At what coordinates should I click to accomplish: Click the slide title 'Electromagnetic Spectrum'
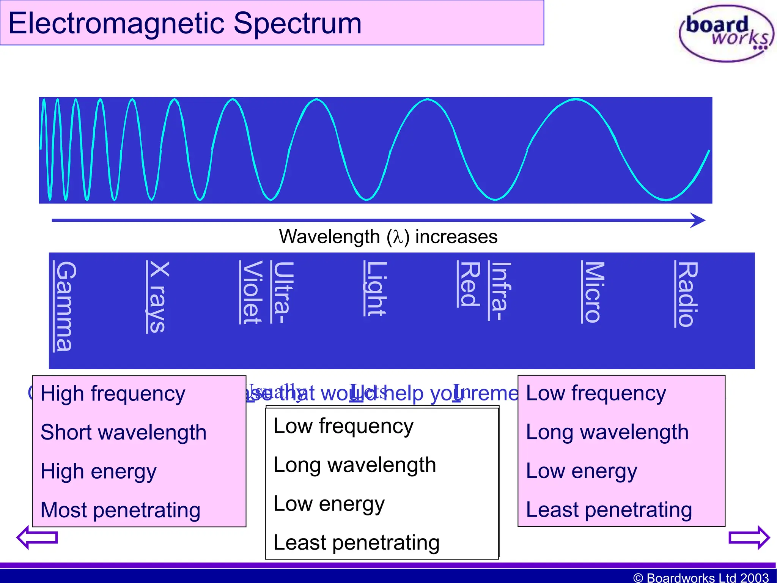pyautogui.click(x=185, y=23)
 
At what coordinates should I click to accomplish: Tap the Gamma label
pyautogui.click(x=64, y=306)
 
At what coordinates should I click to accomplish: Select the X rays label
pyautogui.click(x=157, y=297)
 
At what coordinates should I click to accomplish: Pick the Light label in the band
pyautogui.click(x=375, y=288)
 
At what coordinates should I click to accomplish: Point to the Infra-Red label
pyautogui.click(x=485, y=290)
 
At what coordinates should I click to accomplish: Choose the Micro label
pyautogui.click(x=593, y=292)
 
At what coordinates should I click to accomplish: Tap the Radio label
pyautogui.click(x=686, y=294)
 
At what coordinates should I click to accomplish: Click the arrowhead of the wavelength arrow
pyautogui.click(x=698, y=220)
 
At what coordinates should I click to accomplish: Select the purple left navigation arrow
pyautogui.click(x=37, y=537)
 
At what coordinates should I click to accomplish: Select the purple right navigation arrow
pyautogui.click(x=749, y=537)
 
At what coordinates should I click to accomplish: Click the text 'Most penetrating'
pyautogui.click(x=120, y=510)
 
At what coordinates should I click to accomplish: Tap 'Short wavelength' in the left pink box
pyautogui.click(x=123, y=432)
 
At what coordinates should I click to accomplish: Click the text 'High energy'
pyautogui.click(x=98, y=471)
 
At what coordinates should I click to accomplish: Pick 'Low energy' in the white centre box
pyautogui.click(x=329, y=504)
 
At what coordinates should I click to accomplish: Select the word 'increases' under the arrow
pyautogui.click(x=456, y=237)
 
